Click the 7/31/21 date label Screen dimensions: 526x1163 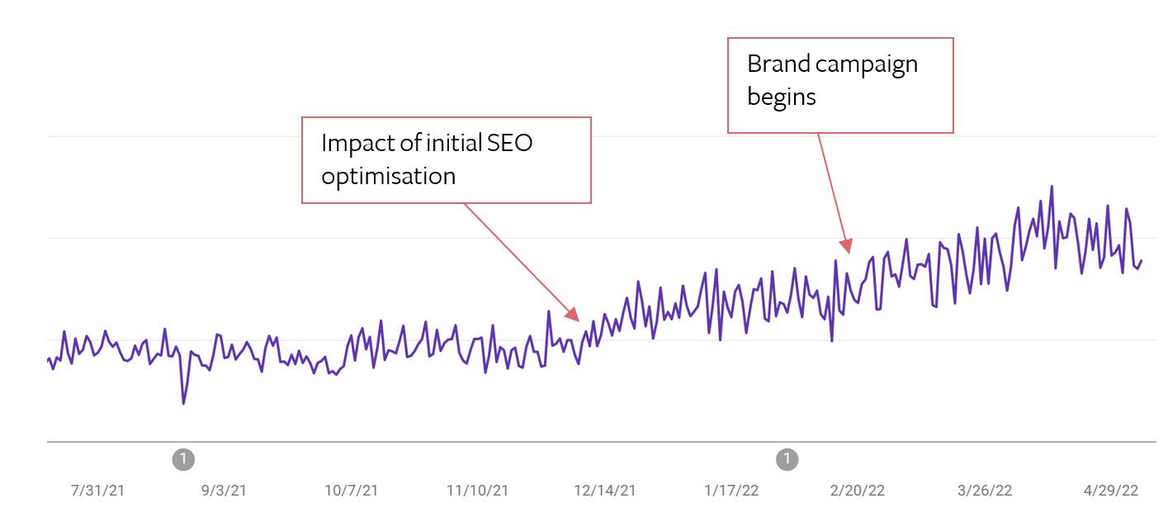pyautogui.click(x=97, y=490)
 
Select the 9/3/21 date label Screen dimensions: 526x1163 pyautogui.click(x=224, y=490)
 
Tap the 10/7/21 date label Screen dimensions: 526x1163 pyautogui.click(x=351, y=490)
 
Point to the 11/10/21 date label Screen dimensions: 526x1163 pyautogui.click(x=477, y=490)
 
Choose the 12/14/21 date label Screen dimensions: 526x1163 pyautogui.click(x=605, y=490)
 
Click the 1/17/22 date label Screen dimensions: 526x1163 pyautogui.click(x=731, y=490)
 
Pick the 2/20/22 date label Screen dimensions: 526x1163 pyautogui.click(x=858, y=490)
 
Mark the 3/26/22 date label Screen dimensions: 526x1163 pyautogui.click(x=985, y=490)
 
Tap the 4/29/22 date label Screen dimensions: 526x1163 pyautogui.click(x=1111, y=490)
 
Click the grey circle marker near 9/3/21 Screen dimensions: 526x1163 pyautogui.click(x=183, y=458)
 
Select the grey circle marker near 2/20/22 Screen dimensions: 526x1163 pyautogui.click(x=787, y=458)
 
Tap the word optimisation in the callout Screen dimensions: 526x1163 pyautogui.click(x=388, y=176)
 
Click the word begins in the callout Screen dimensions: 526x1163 pyautogui.click(x=781, y=97)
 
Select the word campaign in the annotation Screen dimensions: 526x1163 pyautogui.click(x=867, y=65)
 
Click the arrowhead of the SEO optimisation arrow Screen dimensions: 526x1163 pyautogui.click(x=573, y=314)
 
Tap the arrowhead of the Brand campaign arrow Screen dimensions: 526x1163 pyautogui.click(x=846, y=245)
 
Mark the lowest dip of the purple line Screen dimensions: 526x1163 pyautogui.click(x=183, y=403)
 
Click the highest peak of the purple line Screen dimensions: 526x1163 pyautogui.click(x=1052, y=187)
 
